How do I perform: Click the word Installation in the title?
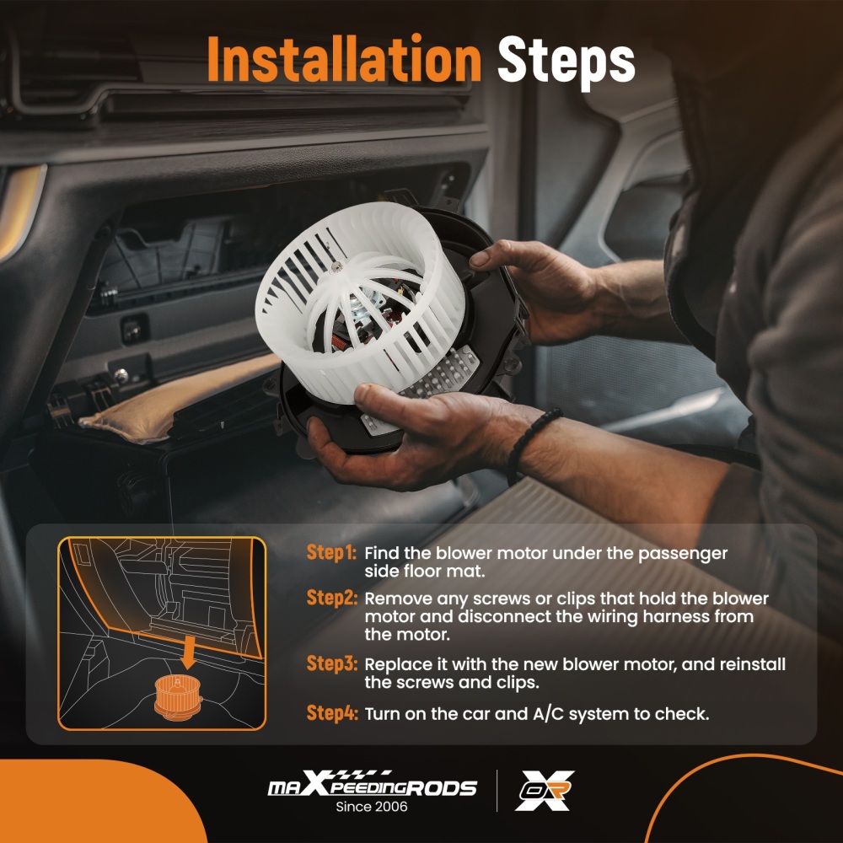[344, 59]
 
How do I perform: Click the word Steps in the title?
[566, 62]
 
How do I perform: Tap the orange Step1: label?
[331, 552]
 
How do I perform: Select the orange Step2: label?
[331, 598]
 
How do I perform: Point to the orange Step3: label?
[331, 663]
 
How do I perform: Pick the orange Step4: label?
[331, 713]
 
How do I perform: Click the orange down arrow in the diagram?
[188, 652]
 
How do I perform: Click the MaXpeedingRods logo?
[372, 784]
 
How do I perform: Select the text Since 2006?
[372, 807]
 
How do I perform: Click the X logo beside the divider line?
[545, 791]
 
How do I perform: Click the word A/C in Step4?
[549, 714]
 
